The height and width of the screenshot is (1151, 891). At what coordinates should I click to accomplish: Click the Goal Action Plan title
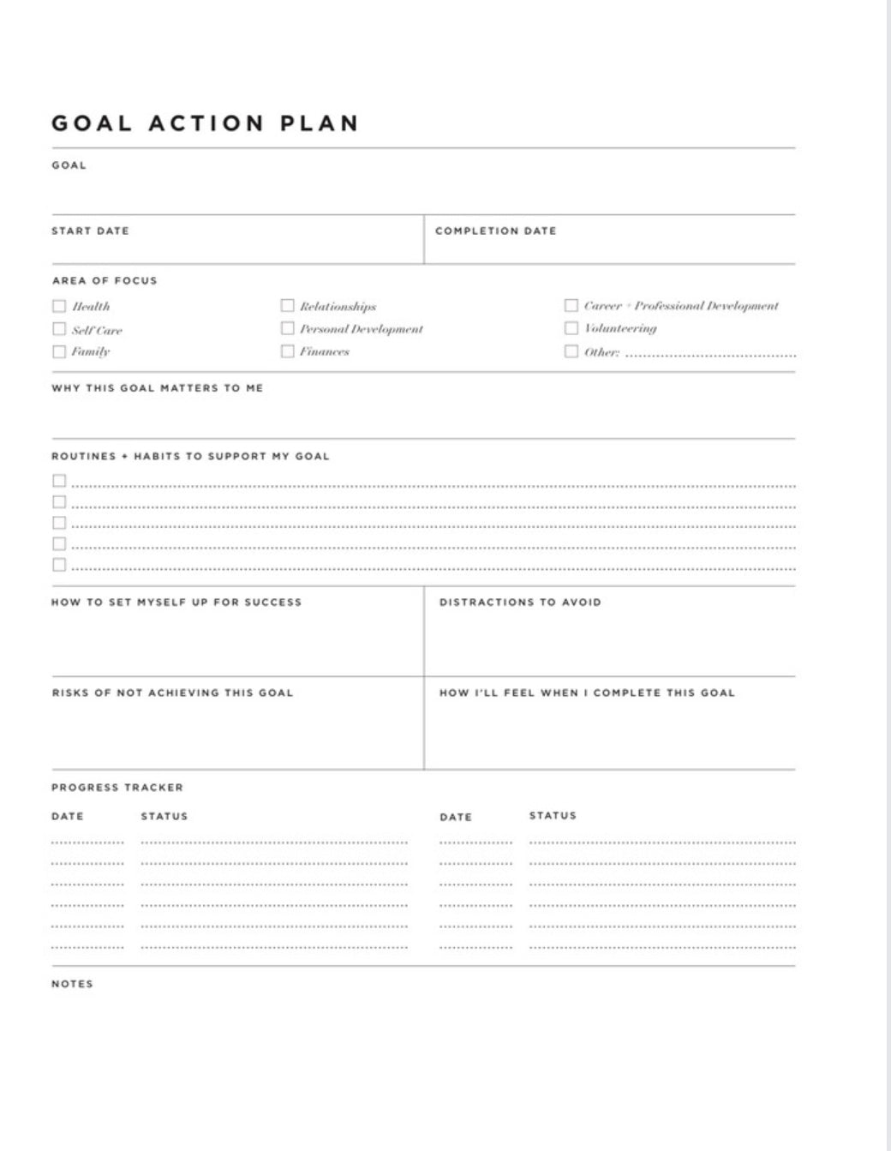tap(205, 123)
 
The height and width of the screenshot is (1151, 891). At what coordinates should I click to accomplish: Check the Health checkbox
tap(59, 306)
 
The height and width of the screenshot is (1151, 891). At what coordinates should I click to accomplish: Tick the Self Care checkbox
tap(59, 329)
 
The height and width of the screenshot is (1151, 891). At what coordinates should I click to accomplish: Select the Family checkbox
tap(59, 351)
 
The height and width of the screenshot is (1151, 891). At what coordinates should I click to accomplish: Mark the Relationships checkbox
tap(288, 306)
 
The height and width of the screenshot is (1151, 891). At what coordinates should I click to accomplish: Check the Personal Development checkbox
tap(288, 328)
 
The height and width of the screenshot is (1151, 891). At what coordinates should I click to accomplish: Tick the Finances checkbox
tap(288, 351)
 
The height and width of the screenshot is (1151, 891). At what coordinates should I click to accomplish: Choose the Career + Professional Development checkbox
tap(571, 305)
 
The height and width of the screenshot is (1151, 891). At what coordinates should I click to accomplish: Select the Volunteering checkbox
tap(571, 328)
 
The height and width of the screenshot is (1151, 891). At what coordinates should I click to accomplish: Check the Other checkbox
tap(571, 351)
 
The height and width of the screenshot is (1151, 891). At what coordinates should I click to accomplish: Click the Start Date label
tap(90, 231)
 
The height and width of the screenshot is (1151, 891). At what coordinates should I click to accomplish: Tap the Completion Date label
tap(495, 231)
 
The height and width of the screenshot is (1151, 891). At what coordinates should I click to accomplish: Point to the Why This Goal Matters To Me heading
tap(158, 388)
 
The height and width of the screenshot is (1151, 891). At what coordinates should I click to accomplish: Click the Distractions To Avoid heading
tap(520, 602)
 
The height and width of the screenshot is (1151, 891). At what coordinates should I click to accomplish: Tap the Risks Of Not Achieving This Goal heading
tap(172, 692)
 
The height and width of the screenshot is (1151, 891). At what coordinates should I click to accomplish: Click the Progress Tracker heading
tap(117, 788)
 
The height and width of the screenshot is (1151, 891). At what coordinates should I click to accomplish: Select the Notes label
tap(72, 984)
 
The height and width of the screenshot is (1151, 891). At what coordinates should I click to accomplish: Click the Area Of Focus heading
tap(105, 280)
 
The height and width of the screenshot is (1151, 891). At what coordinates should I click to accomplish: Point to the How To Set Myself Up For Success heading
tap(176, 602)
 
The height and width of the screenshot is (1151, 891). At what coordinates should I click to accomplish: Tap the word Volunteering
tap(620, 328)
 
